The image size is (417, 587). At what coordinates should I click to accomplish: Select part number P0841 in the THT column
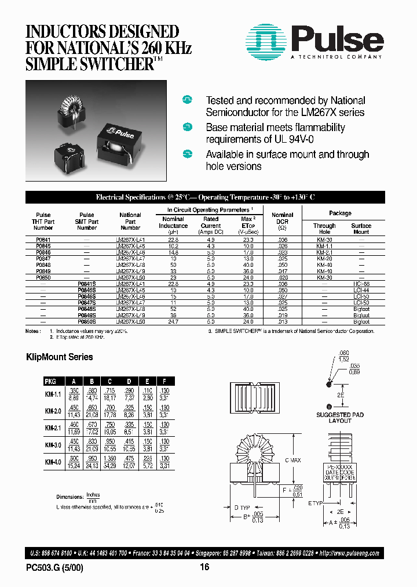coord(43,239)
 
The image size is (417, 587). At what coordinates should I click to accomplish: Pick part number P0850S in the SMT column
coord(87,321)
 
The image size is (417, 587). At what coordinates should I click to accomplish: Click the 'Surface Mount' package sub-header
coord(361,229)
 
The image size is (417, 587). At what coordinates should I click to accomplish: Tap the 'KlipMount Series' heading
coord(60,357)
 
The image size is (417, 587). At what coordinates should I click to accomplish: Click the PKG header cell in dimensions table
coord(50,382)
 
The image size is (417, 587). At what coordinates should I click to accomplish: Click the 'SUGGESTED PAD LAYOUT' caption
coord(340,418)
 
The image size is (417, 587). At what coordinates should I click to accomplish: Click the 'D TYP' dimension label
coord(244,507)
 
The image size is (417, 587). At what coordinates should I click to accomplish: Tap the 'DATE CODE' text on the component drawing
coord(340,473)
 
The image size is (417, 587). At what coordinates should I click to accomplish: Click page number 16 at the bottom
coord(204,568)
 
